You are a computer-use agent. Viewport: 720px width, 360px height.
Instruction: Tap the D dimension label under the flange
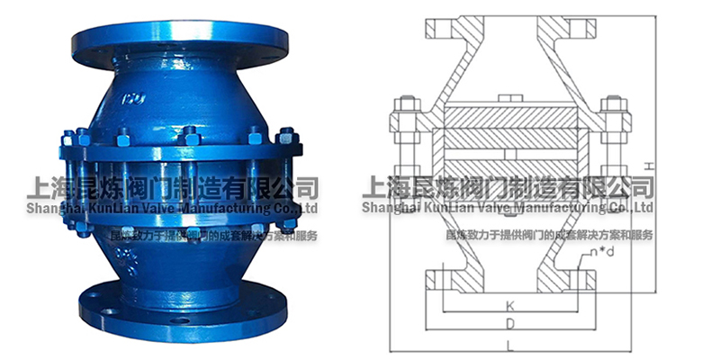point(511,322)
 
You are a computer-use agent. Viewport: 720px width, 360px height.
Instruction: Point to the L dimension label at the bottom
point(511,344)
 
